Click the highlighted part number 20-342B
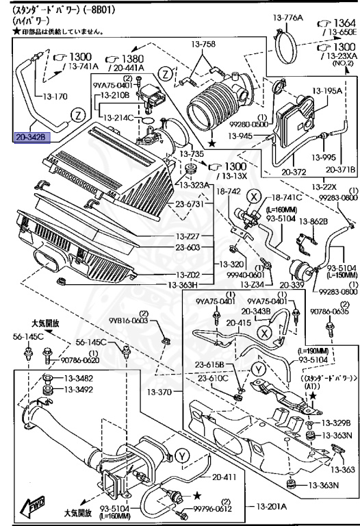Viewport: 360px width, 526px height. tap(31, 137)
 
